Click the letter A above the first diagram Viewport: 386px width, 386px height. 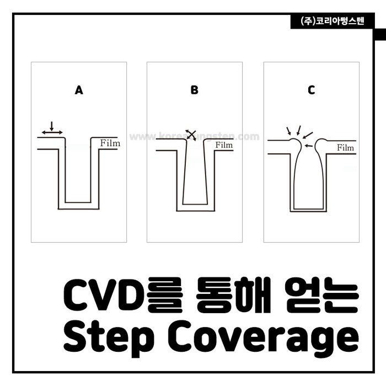(79, 90)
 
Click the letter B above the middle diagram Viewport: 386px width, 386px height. (194, 90)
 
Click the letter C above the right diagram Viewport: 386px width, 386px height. (312, 90)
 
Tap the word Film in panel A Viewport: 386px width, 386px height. (110, 143)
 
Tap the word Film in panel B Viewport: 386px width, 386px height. (224, 145)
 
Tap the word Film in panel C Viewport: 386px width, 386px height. (345, 148)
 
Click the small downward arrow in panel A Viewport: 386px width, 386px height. (52, 125)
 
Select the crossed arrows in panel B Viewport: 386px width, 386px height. (191, 135)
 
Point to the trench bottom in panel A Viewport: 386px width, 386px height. (79, 206)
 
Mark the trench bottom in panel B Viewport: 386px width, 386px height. (195, 207)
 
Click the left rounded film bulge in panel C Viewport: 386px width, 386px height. (295, 144)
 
